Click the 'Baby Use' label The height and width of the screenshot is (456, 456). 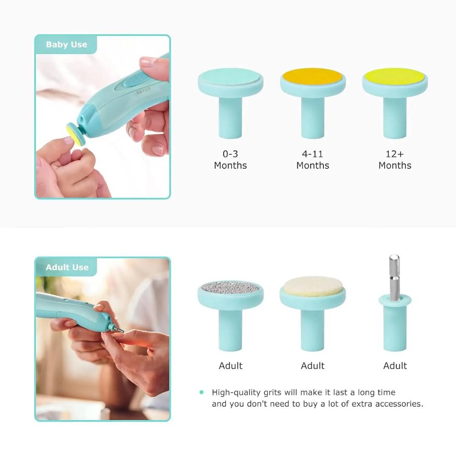point(66,45)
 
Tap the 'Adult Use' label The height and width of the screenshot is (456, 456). point(67,267)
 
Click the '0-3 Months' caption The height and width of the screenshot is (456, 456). point(231,160)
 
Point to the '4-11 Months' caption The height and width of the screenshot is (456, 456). point(312,160)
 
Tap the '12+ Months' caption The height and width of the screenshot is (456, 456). point(395,160)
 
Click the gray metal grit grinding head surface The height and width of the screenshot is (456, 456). point(230,288)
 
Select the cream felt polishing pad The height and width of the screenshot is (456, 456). point(312,286)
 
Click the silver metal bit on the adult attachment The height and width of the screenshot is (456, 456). point(394,277)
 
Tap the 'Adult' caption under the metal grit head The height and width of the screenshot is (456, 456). point(231,366)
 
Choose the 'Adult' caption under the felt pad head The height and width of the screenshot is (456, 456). point(312,366)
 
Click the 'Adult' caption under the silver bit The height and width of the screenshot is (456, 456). point(395,366)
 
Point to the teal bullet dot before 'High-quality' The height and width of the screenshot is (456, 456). point(201,392)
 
